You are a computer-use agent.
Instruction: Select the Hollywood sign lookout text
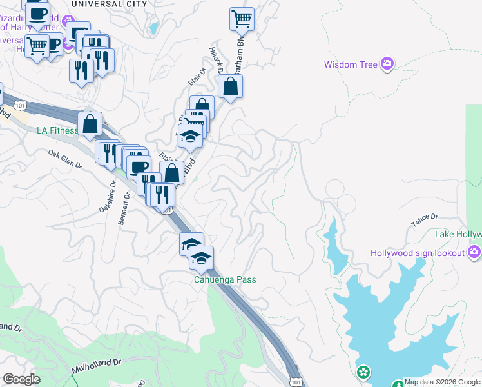click(418, 252)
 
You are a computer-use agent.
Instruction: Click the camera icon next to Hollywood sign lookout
click(475, 252)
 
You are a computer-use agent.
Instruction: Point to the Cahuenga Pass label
click(225, 279)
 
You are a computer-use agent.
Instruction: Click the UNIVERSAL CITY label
click(109, 4)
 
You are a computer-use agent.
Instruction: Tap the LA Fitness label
click(57, 130)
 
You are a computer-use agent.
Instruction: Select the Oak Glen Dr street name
click(66, 160)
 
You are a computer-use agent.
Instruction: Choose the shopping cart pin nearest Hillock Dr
click(242, 19)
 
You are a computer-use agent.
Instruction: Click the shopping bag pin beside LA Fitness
click(90, 123)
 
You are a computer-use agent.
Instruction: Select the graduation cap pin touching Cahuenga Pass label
click(202, 258)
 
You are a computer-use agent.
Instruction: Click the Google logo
click(21, 379)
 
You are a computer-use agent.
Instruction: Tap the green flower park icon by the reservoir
click(364, 372)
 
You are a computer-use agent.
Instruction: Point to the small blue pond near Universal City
click(153, 28)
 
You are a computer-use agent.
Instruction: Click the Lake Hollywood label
click(458, 234)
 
